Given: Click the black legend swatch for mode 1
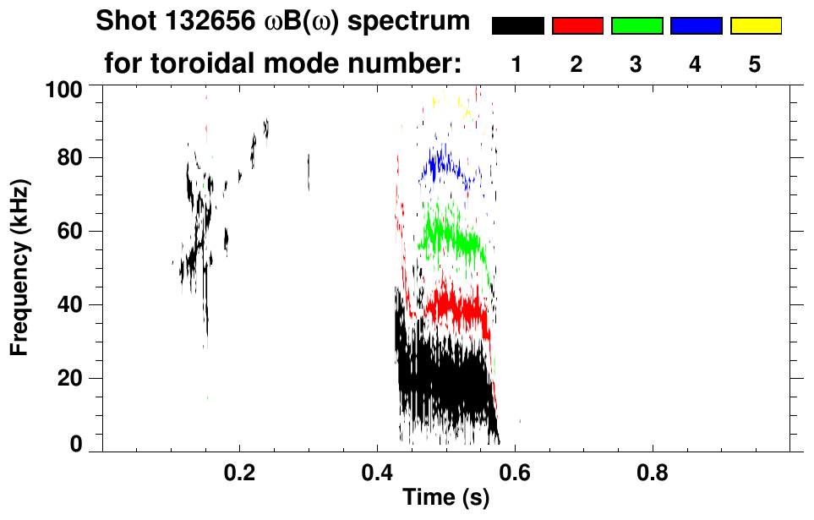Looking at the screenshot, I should (x=517, y=26).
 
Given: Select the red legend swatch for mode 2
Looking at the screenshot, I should (x=577, y=26).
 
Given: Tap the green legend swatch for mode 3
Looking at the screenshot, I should (x=636, y=26).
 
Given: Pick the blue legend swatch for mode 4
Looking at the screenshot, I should (x=696, y=26).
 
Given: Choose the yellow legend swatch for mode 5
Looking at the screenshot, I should (x=755, y=26).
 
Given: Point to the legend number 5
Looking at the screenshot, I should (x=755, y=64).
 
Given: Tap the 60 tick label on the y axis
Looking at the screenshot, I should (x=79, y=231).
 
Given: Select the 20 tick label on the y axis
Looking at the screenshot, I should (x=79, y=378).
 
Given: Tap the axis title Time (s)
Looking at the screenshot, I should (x=445, y=499).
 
